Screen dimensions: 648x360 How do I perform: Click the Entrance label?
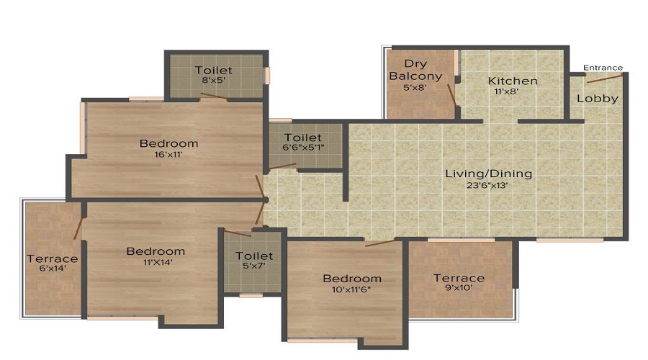pos(603,68)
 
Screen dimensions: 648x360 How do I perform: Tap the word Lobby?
pos(598,99)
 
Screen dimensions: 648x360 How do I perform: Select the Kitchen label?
pos(513,81)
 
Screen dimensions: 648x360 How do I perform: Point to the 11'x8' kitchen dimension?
pos(507,91)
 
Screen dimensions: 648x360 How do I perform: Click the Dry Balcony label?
pos(415,70)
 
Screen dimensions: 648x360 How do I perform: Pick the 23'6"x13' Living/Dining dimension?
pos(487,185)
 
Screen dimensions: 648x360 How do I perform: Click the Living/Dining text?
pos(488,174)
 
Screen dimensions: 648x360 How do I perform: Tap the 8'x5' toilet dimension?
pos(213,80)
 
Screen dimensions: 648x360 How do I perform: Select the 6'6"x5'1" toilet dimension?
pos(303,147)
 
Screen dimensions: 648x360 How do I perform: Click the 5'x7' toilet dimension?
pos(253,266)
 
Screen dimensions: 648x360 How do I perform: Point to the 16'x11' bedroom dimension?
pos(168,155)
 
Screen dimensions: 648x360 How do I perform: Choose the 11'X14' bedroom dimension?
pos(158,262)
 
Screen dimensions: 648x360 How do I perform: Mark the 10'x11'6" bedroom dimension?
pos(351,289)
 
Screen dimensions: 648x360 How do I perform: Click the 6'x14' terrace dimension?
pos(53,269)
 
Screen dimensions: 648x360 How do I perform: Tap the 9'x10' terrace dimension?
pos(459,288)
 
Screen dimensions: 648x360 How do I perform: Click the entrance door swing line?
pos(605,78)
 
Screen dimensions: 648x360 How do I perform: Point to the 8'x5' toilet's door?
pos(214,96)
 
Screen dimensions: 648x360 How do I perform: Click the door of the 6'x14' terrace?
pos(78,228)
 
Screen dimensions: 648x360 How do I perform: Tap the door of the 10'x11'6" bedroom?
pos(380,243)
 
